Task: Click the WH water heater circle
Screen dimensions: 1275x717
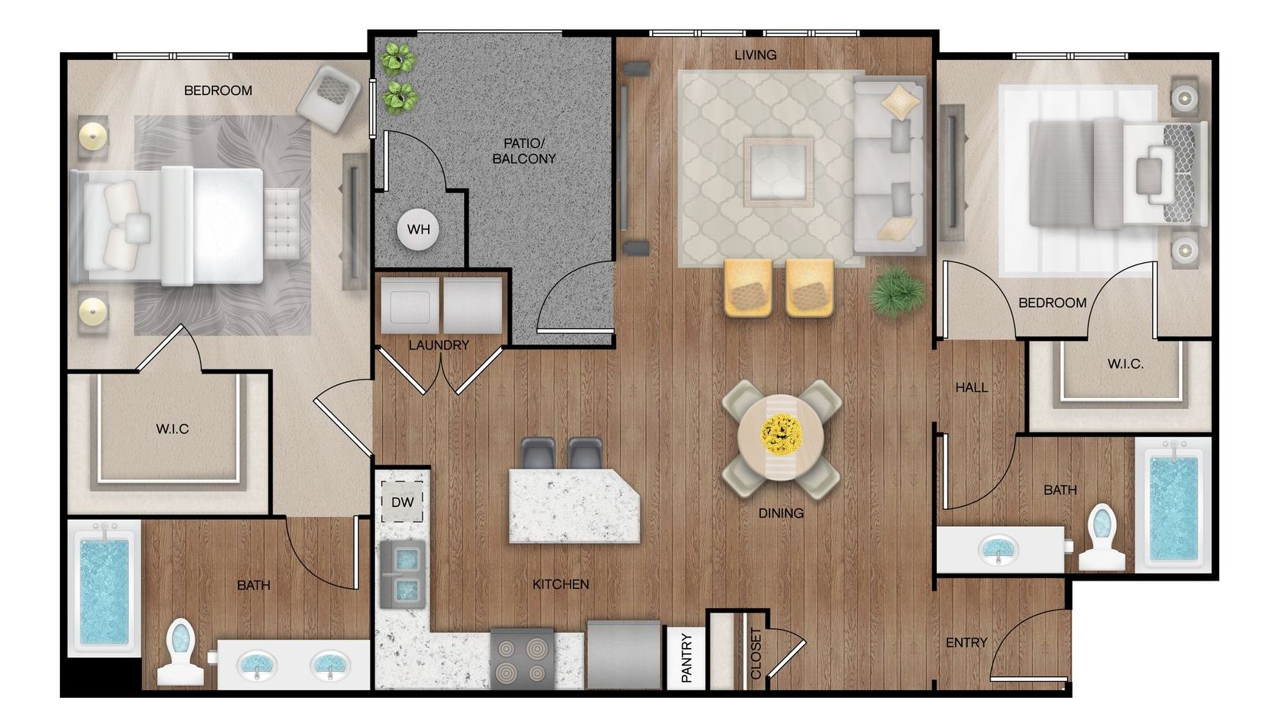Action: coord(418,229)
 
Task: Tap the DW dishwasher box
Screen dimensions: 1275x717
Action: coord(402,502)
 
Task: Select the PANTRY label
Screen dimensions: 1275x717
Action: coord(687,658)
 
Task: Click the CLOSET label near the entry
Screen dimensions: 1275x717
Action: coord(756,653)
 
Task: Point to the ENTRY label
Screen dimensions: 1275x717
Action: coord(967,643)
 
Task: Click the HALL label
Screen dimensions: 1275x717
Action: coord(972,387)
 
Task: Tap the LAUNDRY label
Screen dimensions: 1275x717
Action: coord(439,345)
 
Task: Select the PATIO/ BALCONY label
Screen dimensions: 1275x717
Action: coord(524,151)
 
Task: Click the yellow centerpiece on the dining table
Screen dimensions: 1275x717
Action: coord(782,435)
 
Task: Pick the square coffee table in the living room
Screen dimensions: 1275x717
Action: coord(778,171)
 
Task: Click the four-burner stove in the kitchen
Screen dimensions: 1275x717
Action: coord(522,659)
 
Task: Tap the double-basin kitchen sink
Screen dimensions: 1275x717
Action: coord(403,574)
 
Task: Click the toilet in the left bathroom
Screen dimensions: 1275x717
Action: coord(180,652)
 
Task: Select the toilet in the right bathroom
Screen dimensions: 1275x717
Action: coord(1102,537)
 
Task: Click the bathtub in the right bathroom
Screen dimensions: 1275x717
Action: coord(1174,505)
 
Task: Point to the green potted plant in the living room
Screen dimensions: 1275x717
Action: coord(897,291)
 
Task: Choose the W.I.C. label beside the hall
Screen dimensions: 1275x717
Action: coord(1125,363)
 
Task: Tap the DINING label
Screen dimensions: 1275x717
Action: coord(781,513)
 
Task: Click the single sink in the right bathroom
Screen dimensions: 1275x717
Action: coord(998,550)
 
